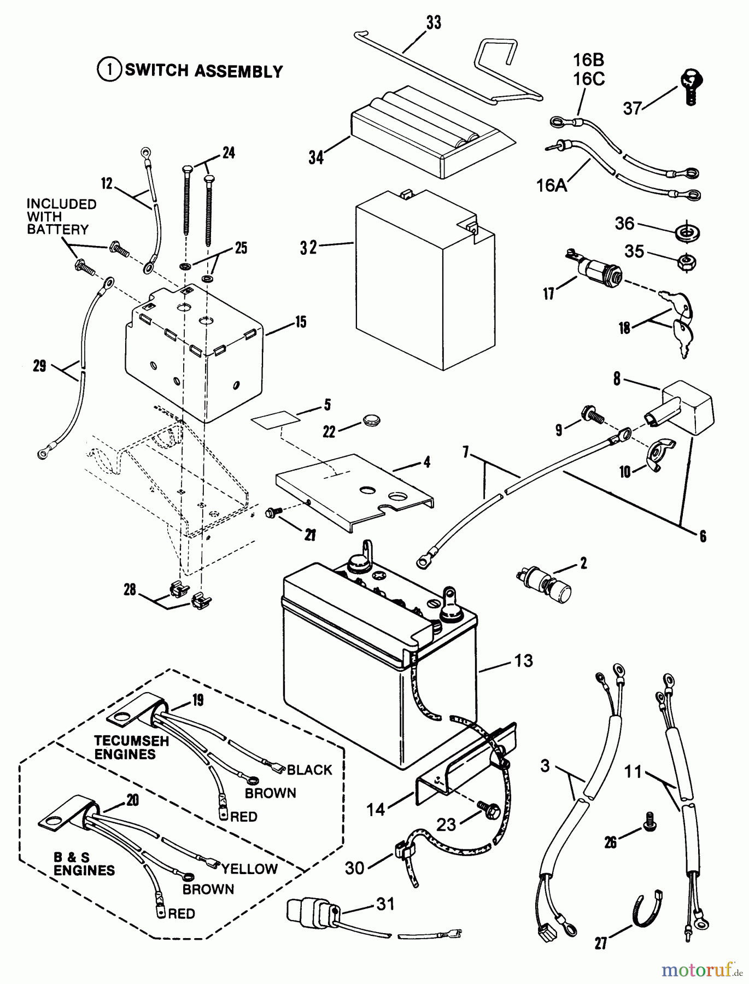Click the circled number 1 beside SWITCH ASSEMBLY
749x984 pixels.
click(x=109, y=71)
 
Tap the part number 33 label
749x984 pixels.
click(x=434, y=23)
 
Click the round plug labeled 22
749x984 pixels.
click(x=371, y=421)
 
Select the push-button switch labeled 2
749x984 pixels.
click(x=547, y=582)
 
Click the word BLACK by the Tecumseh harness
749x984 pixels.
click(x=309, y=770)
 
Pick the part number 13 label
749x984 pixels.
click(x=523, y=661)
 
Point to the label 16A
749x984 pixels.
click(x=552, y=186)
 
